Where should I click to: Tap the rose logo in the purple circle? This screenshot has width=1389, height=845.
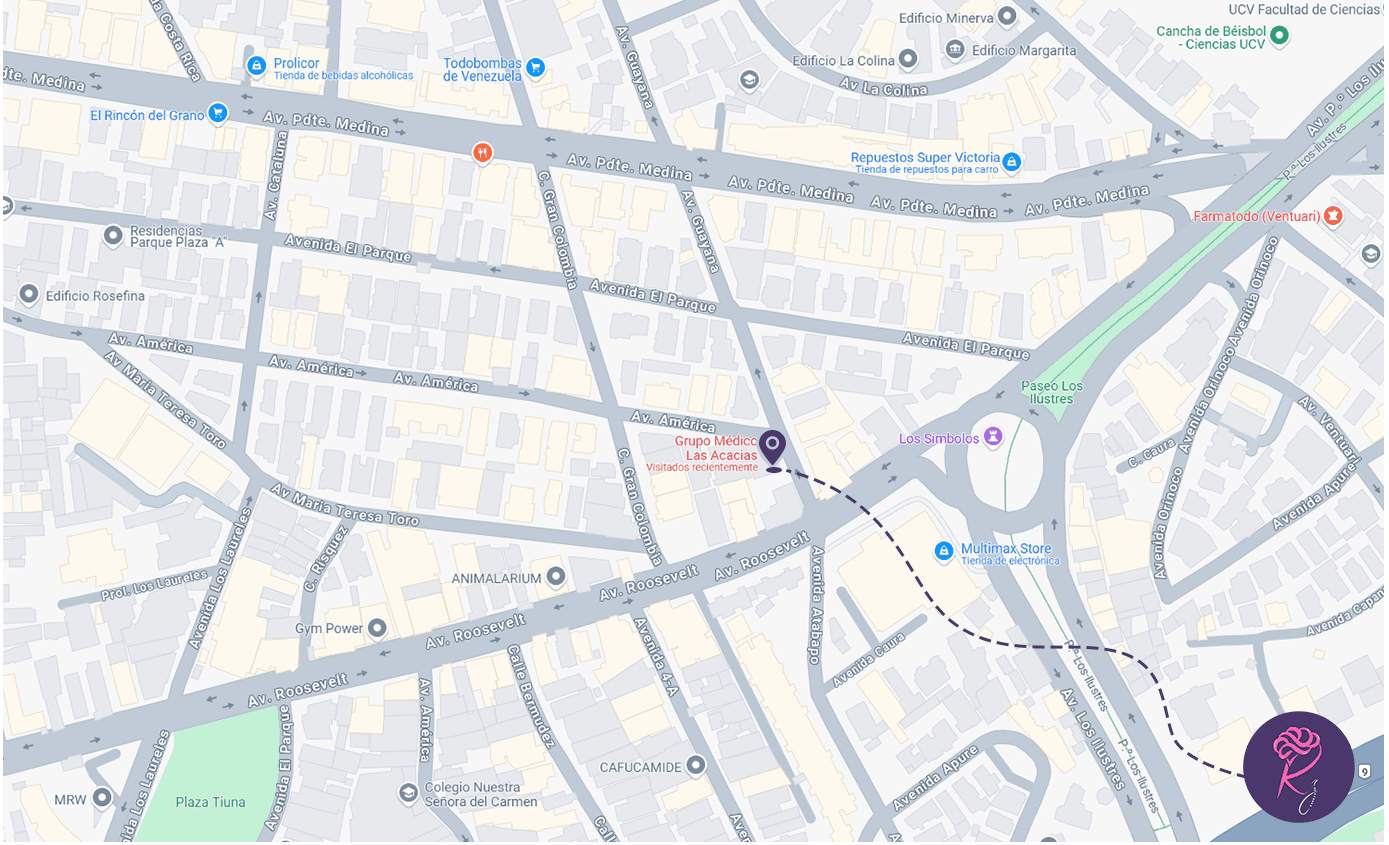[1298, 766]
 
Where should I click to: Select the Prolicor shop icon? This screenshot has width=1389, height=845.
[256, 66]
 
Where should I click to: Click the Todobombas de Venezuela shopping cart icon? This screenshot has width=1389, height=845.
[536, 67]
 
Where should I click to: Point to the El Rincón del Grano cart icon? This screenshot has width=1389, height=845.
[217, 113]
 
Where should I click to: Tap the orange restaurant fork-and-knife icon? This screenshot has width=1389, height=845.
[483, 152]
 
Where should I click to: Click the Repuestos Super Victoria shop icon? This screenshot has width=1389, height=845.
[1012, 161]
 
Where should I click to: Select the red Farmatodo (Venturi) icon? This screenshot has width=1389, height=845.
[1332, 215]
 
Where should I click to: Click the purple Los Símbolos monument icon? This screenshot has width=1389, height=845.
[993, 436]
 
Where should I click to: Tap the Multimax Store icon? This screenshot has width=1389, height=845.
[943, 551]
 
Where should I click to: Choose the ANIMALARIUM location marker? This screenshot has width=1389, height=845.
[556, 577]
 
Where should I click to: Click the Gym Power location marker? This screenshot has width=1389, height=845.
[377, 628]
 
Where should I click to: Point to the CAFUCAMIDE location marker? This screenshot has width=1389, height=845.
[696, 766]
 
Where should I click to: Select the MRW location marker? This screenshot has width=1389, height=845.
[102, 797]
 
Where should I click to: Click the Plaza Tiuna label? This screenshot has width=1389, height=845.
[210, 802]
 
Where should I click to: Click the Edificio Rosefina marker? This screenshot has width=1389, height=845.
[29, 295]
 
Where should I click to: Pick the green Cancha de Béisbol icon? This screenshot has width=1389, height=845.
[1279, 37]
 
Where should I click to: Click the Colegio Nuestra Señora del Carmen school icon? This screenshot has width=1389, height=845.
[408, 793]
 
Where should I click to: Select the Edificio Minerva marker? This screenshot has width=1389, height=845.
[1008, 17]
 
